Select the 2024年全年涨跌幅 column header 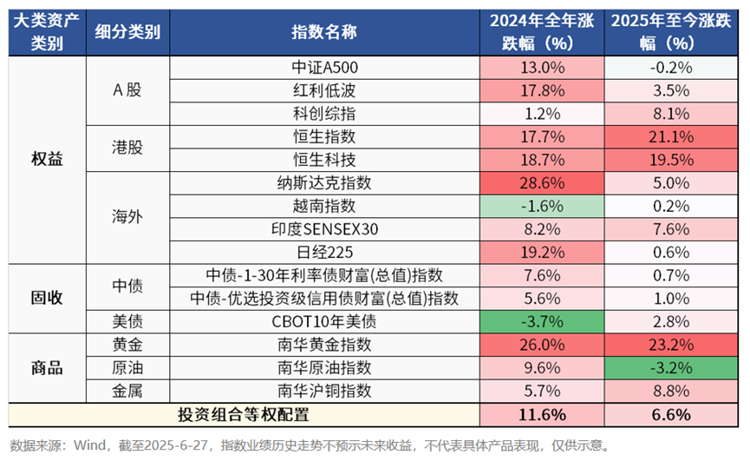[x=541, y=32]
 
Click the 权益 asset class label [x=47, y=160]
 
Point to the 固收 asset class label [x=47, y=298]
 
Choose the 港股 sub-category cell [x=128, y=148]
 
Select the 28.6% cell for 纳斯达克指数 [x=541, y=183]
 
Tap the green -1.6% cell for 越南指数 [x=541, y=206]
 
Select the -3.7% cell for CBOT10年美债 [x=541, y=321]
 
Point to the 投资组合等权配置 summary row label [x=243, y=414]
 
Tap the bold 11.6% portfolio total [x=541, y=414]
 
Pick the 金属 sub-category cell [x=128, y=390]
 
